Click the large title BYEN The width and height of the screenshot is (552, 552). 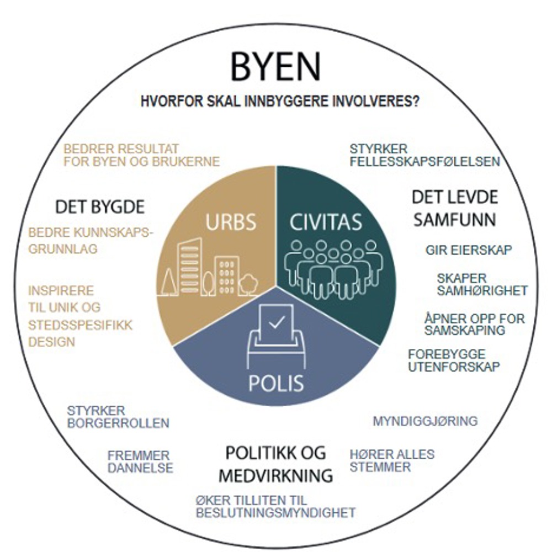[275, 67]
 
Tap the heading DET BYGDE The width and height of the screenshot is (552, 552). [100, 207]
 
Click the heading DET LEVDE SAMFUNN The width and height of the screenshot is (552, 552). [455, 208]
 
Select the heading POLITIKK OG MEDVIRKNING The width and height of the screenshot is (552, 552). [276, 464]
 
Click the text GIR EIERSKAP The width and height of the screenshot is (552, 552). [469, 250]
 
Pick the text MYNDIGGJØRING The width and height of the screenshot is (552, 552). [425, 421]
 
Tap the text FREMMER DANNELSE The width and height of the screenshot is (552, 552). [140, 462]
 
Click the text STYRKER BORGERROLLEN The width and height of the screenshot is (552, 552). [118, 417]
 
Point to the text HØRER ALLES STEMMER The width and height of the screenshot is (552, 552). [392, 461]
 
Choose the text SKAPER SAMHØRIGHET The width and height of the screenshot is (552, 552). [482, 284]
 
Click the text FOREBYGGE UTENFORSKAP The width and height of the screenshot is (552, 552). [454, 360]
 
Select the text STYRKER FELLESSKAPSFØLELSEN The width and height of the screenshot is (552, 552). [424, 155]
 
